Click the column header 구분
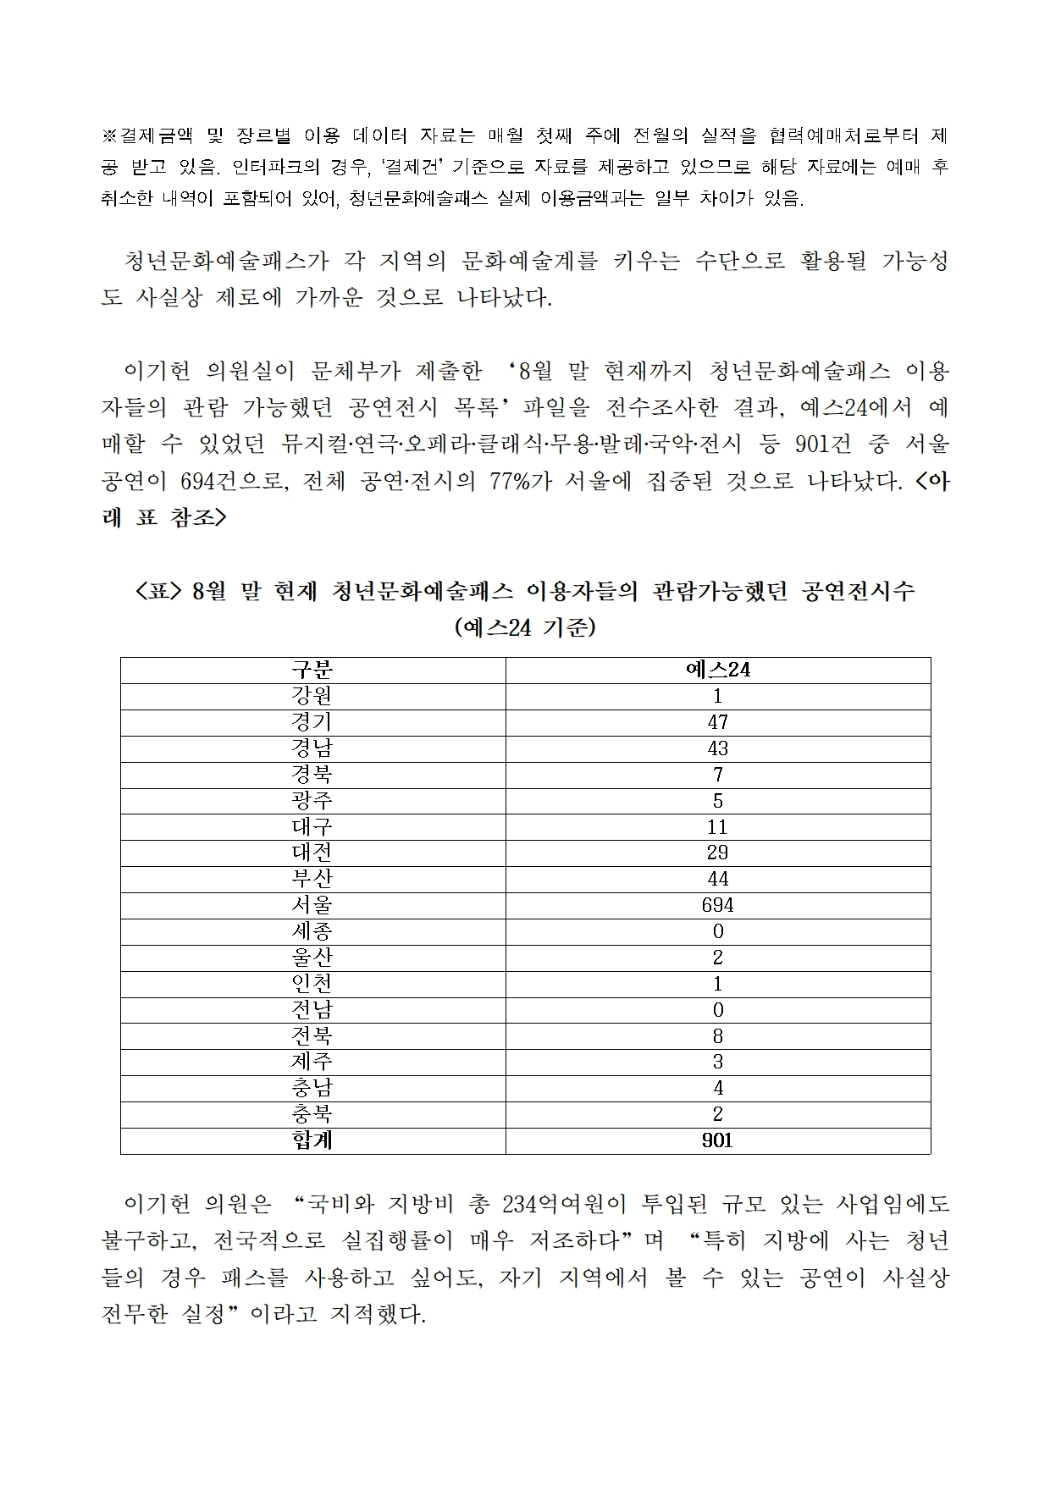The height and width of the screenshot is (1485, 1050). pos(312,670)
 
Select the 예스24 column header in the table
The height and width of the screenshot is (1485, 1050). pos(717,670)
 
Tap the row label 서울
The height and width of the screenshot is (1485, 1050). pos(312,905)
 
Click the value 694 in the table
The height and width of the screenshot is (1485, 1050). pos(717,905)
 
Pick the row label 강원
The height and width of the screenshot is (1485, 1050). pos(312,696)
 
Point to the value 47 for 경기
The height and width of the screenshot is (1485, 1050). pos(717,722)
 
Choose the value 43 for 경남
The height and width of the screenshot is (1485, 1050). pos(717,748)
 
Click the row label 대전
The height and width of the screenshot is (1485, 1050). pos(312,853)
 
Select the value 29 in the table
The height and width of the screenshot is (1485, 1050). pos(717,853)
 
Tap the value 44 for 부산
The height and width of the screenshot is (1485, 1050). pos(717,879)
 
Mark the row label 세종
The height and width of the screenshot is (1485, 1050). pos(312,931)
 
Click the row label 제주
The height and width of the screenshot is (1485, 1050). pos(312,1062)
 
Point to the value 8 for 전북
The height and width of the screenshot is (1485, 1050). pos(717,1035)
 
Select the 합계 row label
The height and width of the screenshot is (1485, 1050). pos(312,1140)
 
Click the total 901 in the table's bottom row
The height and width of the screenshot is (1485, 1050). pos(717,1140)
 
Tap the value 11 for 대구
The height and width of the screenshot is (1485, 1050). pos(717,826)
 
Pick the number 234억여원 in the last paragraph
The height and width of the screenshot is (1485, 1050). pos(552,1203)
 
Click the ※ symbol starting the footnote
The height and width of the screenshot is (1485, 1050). pos(109,135)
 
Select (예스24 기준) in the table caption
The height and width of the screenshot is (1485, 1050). pos(525,627)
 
